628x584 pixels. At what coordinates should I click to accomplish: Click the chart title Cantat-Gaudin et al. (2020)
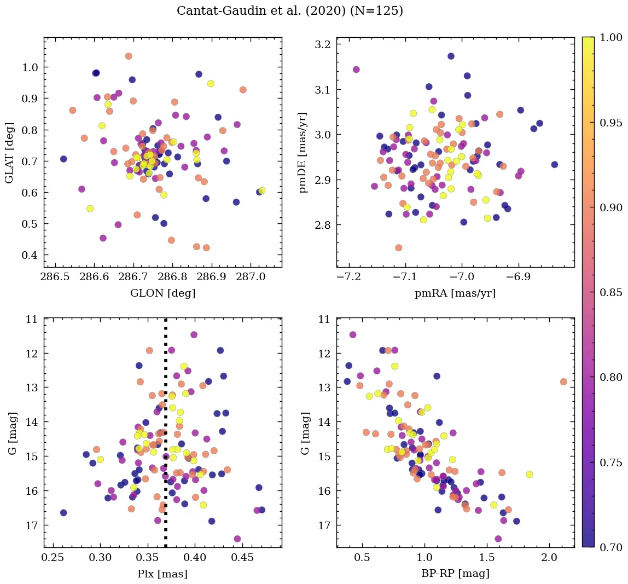pos(290,11)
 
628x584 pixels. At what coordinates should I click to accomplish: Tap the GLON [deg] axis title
pos(162,293)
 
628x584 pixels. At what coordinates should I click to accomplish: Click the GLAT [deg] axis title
pos(9,152)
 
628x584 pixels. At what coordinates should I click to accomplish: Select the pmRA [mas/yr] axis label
pos(455,293)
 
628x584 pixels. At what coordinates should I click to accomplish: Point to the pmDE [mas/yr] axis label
pos(303,152)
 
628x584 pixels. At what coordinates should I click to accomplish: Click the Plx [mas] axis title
pos(162,574)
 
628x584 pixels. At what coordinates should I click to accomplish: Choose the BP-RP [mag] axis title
pos(455,574)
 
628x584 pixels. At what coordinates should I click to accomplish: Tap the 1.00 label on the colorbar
pos(611,37)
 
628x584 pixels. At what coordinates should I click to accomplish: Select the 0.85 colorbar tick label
pos(611,292)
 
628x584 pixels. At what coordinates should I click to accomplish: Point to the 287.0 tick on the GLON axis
pos(250,278)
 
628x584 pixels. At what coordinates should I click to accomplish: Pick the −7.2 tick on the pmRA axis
pos(348,278)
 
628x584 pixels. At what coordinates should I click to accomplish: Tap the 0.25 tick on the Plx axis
pos(53,558)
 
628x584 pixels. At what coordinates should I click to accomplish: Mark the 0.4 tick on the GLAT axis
pos(30,256)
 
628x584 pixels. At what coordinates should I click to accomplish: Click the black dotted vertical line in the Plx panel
pos(166,438)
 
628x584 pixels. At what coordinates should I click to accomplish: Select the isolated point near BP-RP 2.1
pos(563,381)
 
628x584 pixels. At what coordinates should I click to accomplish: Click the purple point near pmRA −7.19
pos(356,70)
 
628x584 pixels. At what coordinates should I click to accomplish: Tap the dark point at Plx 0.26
pos(63,513)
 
